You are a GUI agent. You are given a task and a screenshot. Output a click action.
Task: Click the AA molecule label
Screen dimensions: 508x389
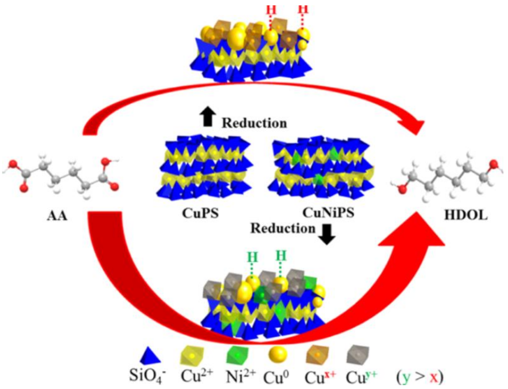pos(57,216)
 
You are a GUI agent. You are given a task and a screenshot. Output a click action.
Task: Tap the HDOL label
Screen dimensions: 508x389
pos(466,215)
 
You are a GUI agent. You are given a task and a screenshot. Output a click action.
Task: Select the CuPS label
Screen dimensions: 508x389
pos(200,213)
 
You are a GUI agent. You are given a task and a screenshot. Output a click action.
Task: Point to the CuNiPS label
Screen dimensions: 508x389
pos(328,212)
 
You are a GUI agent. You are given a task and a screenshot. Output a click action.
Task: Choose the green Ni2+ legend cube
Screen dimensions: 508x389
pos(237,355)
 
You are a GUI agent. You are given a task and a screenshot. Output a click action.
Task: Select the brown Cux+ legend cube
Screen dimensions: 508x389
pos(317,355)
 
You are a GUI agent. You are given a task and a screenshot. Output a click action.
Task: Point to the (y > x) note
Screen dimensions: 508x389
pos(419,377)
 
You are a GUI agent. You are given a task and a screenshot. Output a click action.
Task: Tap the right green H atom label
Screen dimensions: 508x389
pos(281,255)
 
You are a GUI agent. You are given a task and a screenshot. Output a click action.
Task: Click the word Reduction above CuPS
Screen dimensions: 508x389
pos(254,123)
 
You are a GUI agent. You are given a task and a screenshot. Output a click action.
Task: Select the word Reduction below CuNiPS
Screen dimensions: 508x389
pos(283,228)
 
